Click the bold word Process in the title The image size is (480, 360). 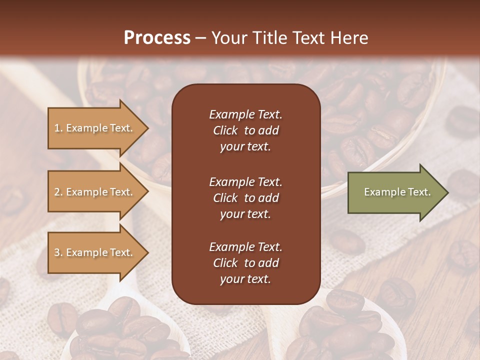157,38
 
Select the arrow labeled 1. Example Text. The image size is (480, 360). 95,128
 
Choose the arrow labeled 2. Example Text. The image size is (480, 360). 95,192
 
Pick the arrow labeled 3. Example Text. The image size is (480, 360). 95,252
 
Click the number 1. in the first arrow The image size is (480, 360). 58,128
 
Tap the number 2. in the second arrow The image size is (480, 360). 58,192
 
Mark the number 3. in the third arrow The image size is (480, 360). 58,252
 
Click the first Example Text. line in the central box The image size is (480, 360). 245,114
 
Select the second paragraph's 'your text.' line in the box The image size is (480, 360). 245,214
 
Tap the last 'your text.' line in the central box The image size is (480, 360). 245,279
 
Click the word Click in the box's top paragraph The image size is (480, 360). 225,130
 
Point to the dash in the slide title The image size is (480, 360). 200,38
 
